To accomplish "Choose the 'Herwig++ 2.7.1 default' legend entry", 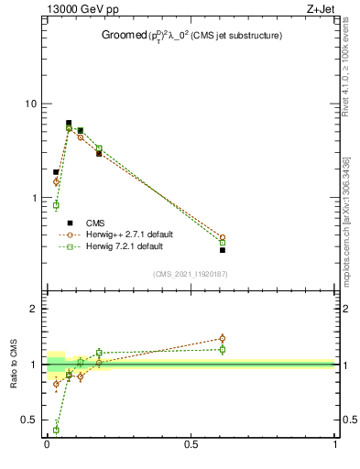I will [x=128, y=234].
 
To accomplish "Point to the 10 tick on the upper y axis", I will [x=32, y=104].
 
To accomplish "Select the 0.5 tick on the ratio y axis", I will [x=29, y=420].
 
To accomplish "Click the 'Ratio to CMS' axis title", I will [x=14, y=365].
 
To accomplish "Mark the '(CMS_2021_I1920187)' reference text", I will [x=191, y=273].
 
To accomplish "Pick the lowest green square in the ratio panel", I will [x=56, y=430].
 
